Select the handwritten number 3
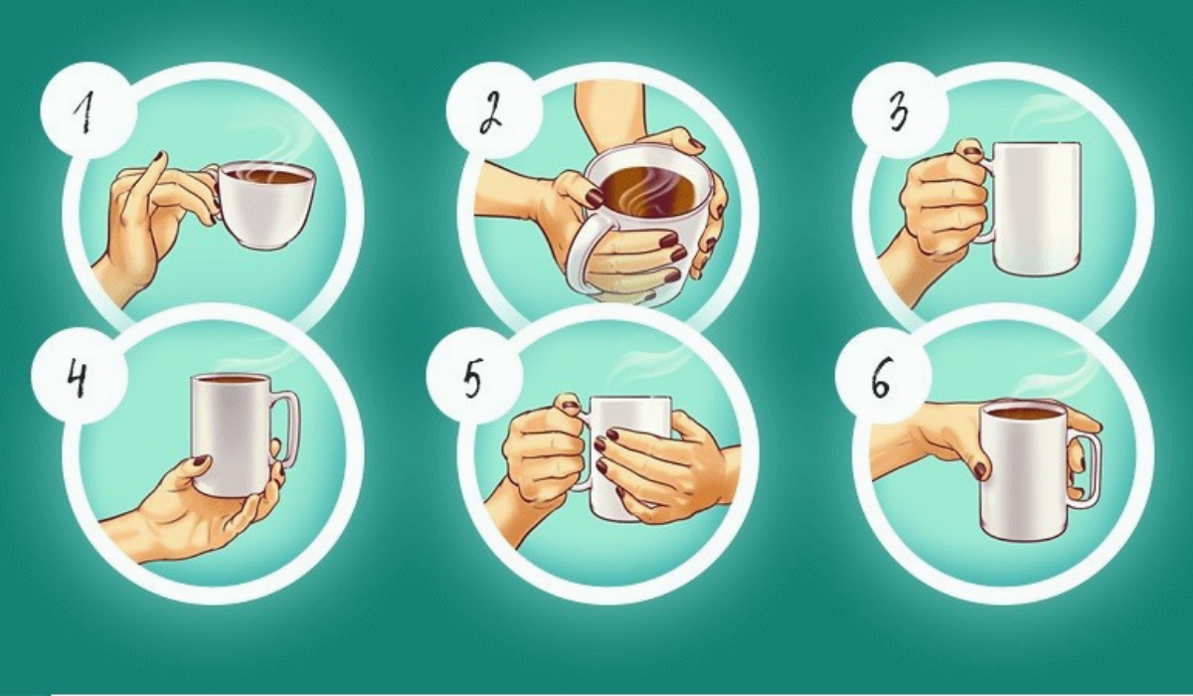pos(900,113)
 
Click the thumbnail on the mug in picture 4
pos(200,461)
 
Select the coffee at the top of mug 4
pos(230,380)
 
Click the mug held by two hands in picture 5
pos(628,458)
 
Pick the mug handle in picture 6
pos(1087,469)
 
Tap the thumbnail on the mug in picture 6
pos(980,470)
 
